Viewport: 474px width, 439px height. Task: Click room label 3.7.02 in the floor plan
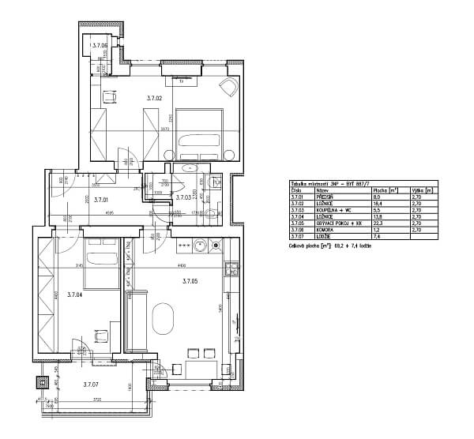pos(154,98)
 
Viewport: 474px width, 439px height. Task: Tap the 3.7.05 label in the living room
pos(190,281)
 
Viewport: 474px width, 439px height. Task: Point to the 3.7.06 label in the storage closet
pos(100,46)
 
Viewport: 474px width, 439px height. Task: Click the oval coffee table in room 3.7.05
pos(164,318)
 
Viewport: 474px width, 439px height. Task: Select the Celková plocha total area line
pos(330,246)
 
